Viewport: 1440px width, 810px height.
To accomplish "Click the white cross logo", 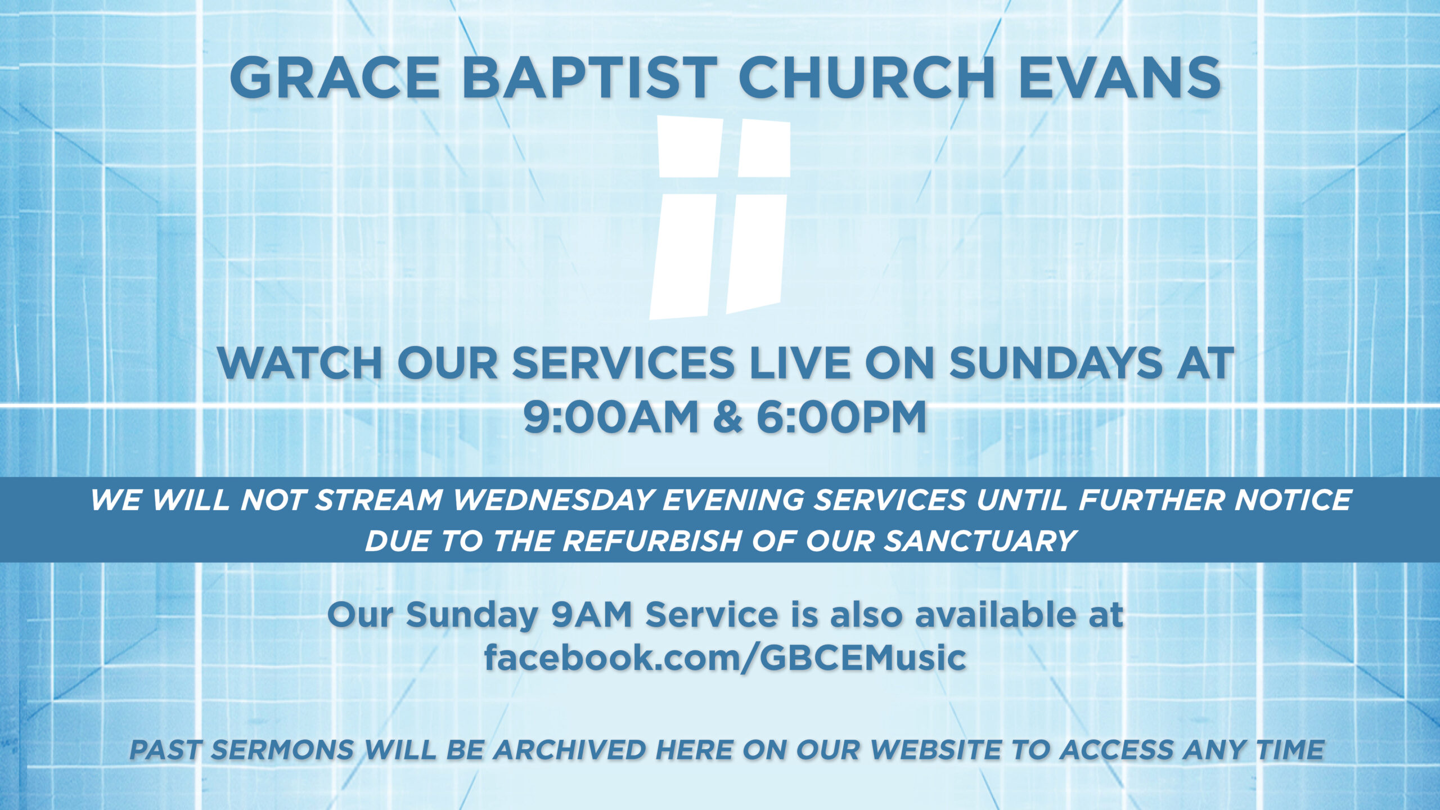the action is tap(720, 218).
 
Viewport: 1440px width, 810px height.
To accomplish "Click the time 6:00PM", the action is tap(841, 417).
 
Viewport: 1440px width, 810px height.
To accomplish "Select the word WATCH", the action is tap(300, 363).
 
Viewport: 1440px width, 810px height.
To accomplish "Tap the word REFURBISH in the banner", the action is tap(652, 541).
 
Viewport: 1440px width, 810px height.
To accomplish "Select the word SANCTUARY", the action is tap(978, 541).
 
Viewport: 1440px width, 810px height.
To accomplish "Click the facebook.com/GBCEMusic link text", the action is tap(725, 658).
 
